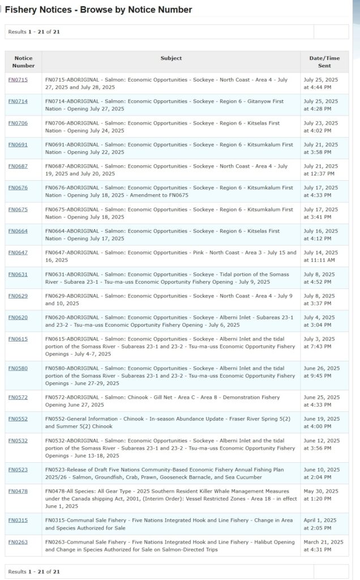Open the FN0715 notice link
coord(18,80)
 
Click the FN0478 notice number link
coord(18,491)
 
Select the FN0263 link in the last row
coord(18,542)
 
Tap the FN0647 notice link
coord(18,253)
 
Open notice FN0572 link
coord(18,398)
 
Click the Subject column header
coord(171,58)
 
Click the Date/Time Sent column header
coord(324,62)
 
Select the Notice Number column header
coord(23,62)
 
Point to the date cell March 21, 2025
coord(320,545)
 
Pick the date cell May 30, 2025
coord(320,494)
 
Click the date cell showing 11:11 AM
coord(320,256)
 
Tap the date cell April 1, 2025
coord(320,524)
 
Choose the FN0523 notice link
coord(18,470)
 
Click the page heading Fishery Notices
coord(98,10)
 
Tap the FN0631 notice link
coord(18,275)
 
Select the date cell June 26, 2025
coord(320,372)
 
